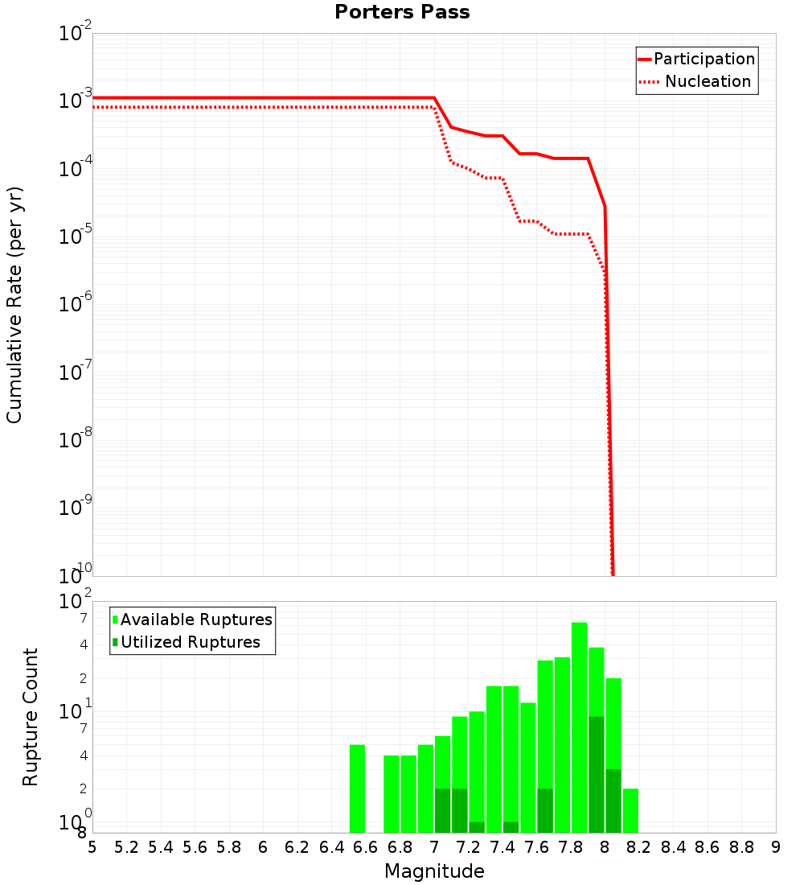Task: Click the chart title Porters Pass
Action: tap(402, 12)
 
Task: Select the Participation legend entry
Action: tap(703, 59)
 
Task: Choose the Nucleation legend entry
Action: tap(708, 81)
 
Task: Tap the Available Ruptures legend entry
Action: tap(196, 619)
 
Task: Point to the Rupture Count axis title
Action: tap(31, 717)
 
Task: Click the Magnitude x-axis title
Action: tap(434, 871)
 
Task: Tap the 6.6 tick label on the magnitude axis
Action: tap(366, 847)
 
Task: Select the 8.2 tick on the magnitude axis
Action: tap(639, 847)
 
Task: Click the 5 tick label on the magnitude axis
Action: tap(92, 847)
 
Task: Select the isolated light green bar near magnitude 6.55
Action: tap(358, 788)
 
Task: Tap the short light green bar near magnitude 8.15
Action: tap(630, 810)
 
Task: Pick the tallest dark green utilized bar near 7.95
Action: tap(596, 772)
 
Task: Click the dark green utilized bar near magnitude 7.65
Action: tap(545, 810)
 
